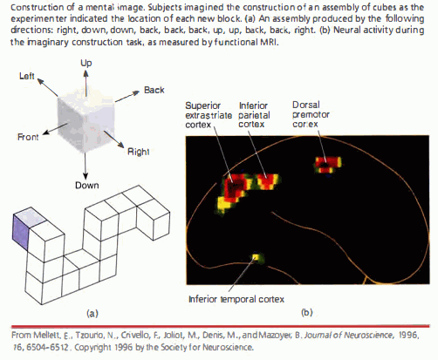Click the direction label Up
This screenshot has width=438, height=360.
(86, 64)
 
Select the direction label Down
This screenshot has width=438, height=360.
(86, 185)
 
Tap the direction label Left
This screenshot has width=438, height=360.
(27, 78)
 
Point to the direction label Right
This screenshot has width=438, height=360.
(138, 151)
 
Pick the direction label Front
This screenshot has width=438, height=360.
(28, 138)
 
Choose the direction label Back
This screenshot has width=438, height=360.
(154, 90)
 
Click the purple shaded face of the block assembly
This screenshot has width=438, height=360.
(18, 229)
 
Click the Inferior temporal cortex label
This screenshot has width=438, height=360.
(236, 299)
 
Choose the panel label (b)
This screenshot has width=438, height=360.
(305, 311)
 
